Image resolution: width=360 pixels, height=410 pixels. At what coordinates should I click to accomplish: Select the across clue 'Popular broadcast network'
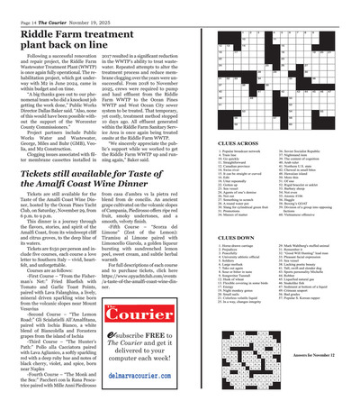click(x=237, y=154)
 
